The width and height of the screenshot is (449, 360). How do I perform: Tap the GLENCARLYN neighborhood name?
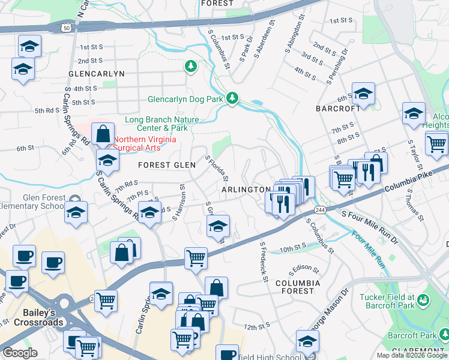click(x=96, y=74)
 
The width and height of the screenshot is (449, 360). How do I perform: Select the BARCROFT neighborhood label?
click(x=338, y=109)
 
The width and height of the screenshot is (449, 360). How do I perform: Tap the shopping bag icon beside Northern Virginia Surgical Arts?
click(x=103, y=134)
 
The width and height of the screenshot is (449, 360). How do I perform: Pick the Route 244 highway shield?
click(x=320, y=209)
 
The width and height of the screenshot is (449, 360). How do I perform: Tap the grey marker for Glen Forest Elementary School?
click(x=75, y=199)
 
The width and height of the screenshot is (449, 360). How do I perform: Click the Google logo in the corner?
click(x=20, y=353)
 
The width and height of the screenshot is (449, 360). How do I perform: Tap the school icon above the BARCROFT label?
click(x=363, y=93)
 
